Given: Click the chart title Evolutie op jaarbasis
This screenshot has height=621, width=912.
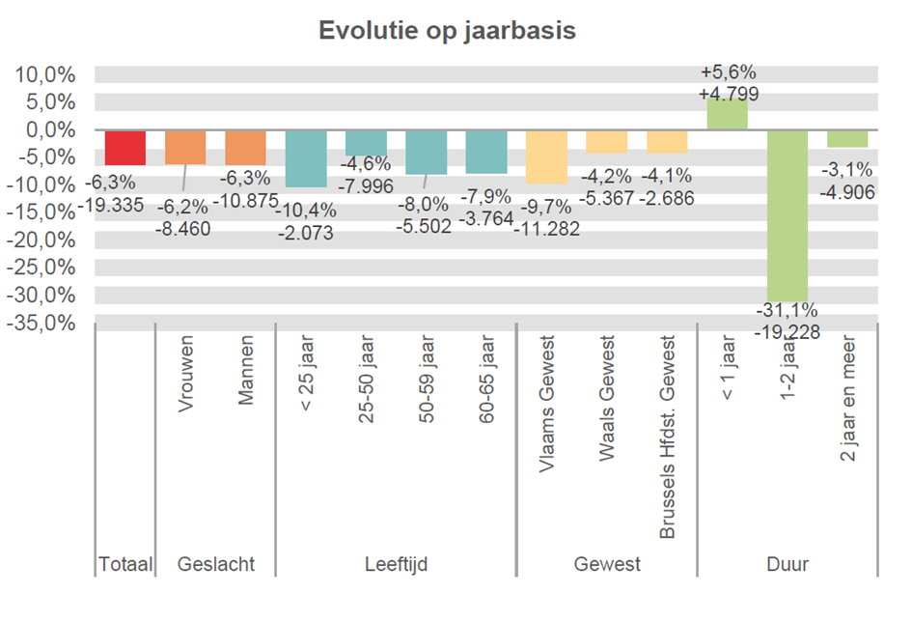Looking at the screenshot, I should pos(447,31).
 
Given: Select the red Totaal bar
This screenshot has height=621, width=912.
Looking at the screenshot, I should pos(125,148).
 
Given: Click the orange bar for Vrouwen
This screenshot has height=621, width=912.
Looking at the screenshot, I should pos(185,147).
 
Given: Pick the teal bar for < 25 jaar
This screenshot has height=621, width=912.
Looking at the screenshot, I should pos(305,158).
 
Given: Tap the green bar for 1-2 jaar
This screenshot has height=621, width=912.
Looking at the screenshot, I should pos(787,214).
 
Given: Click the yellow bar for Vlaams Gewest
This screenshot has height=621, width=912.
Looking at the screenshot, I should pos(546,156).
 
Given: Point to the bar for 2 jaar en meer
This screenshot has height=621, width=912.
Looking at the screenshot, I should pos(847,138).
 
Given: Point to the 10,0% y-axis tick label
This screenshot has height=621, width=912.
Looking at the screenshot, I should pos(43,75).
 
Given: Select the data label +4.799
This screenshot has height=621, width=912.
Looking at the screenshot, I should pos(728,94).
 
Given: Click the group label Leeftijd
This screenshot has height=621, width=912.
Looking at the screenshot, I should pos(396,564).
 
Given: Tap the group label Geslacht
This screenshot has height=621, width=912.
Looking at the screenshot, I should pos(216,564).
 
